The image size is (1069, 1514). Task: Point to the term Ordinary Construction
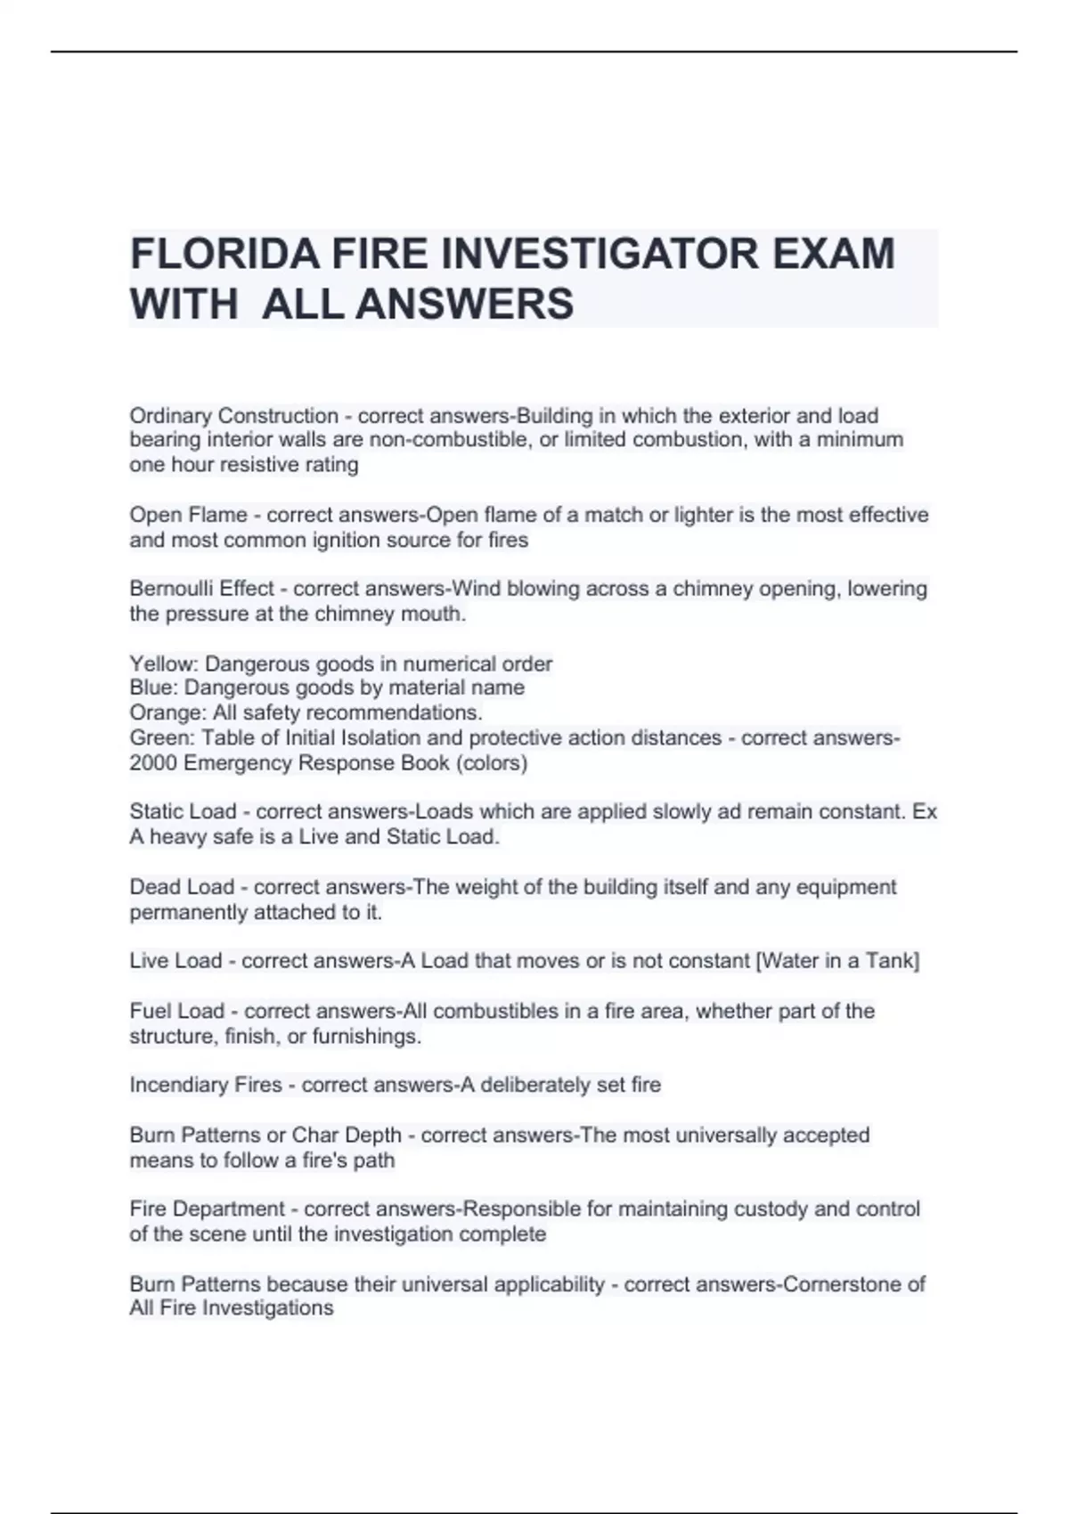(233, 416)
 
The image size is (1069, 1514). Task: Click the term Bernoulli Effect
(201, 589)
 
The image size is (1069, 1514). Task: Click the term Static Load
(183, 811)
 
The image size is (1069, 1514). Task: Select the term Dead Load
(182, 887)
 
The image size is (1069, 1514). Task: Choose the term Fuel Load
(176, 1011)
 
